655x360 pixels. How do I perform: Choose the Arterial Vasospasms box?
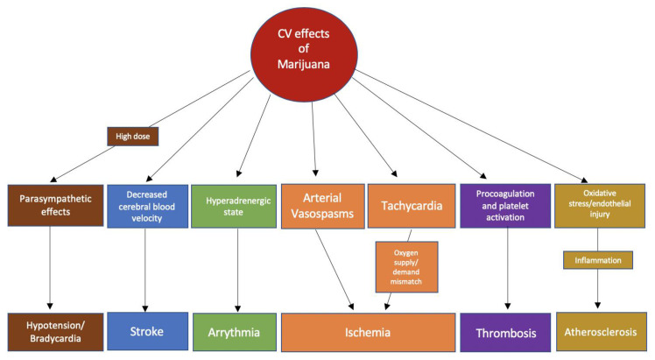(x=322, y=206)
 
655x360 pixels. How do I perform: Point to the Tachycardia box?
(x=410, y=206)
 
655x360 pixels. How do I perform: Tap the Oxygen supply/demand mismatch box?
(x=407, y=266)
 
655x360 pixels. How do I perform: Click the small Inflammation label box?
(x=599, y=260)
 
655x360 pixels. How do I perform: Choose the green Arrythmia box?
(x=232, y=332)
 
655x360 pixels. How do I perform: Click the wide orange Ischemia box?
(x=367, y=332)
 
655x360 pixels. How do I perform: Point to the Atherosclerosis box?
(x=599, y=332)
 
